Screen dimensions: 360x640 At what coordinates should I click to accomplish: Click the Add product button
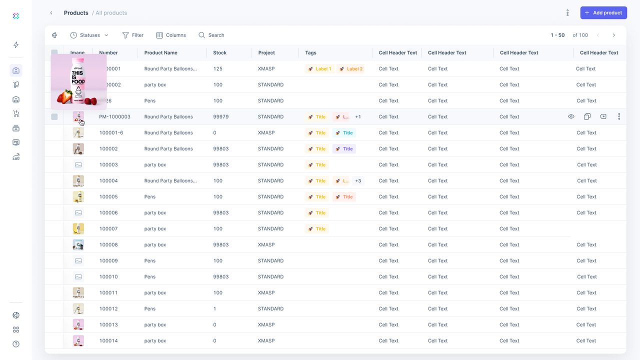(x=603, y=13)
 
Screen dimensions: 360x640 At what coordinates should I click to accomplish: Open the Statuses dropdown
(x=89, y=35)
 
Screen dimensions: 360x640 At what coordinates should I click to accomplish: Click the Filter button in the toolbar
(x=133, y=35)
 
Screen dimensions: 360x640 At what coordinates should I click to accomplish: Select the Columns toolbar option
(x=171, y=35)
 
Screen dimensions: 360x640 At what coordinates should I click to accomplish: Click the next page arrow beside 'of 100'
(x=613, y=35)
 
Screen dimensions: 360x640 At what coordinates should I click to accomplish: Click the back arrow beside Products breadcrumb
(x=51, y=13)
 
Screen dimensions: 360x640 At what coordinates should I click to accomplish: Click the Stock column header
(x=219, y=52)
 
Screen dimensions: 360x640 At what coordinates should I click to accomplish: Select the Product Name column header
(x=160, y=52)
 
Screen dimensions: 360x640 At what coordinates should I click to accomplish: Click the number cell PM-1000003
(x=114, y=116)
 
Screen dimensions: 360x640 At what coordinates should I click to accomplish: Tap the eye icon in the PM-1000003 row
(x=571, y=116)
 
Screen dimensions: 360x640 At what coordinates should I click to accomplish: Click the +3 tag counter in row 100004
(x=358, y=180)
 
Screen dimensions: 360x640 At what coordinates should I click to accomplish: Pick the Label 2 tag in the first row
(x=350, y=68)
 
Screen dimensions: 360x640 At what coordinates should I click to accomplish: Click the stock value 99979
(x=220, y=116)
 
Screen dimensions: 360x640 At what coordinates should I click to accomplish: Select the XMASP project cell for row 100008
(x=266, y=244)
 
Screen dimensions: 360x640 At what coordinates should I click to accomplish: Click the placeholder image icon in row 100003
(x=78, y=164)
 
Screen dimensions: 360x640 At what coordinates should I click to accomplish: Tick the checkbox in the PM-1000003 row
(x=54, y=116)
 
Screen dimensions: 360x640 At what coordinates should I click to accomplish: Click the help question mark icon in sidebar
(x=16, y=344)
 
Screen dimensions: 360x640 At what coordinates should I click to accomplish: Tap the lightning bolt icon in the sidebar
(x=16, y=45)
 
